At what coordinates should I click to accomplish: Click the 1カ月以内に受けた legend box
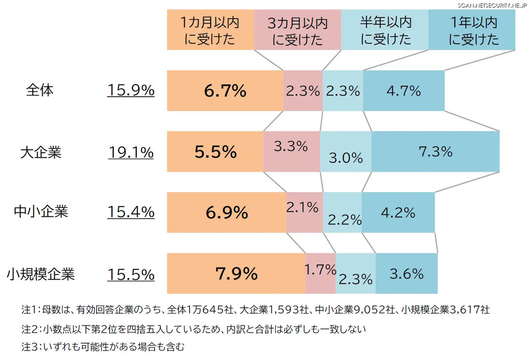coord(210,30)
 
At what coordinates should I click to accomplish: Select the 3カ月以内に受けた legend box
coord(297,30)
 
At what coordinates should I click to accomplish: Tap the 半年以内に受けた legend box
coord(385,30)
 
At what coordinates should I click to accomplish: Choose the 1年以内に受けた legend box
coord(472,30)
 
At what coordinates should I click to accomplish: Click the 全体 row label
coord(40,90)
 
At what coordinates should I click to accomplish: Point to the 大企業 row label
coord(41,152)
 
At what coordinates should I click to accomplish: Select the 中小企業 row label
coord(41,212)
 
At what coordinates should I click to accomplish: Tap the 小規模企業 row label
coord(41,274)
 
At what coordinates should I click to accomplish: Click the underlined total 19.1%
coord(131,153)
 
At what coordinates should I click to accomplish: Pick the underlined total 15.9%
coord(131,91)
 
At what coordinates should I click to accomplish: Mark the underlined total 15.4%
coord(131,212)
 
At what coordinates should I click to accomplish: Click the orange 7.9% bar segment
coord(236,274)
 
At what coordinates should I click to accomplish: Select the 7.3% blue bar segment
coord(435,151)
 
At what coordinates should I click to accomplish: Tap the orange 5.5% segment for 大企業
coord(215,152)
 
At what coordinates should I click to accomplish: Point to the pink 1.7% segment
coord(320,274)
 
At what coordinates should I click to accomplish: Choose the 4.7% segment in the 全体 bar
coord(404,91)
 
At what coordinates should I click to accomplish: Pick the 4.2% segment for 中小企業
coord(398,213)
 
